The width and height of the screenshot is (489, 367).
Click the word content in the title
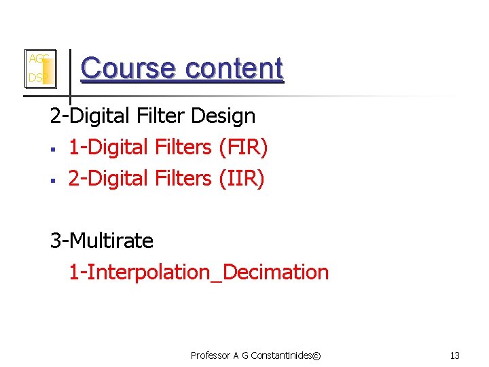234,68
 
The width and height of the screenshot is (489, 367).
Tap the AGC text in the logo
37,59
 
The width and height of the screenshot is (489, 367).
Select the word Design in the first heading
223,116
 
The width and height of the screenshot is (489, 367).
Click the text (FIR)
243,147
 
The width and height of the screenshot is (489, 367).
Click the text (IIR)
241,178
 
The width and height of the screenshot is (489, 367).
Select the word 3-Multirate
102,241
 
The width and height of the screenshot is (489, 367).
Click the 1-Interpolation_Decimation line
198,273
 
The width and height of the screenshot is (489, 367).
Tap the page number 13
455,355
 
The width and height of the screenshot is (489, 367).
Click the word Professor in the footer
211,355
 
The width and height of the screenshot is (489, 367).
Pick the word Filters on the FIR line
182,147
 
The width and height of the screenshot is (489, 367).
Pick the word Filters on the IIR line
182,178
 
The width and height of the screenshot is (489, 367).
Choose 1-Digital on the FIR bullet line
109,147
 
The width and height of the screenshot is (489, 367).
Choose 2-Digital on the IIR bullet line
109,178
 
